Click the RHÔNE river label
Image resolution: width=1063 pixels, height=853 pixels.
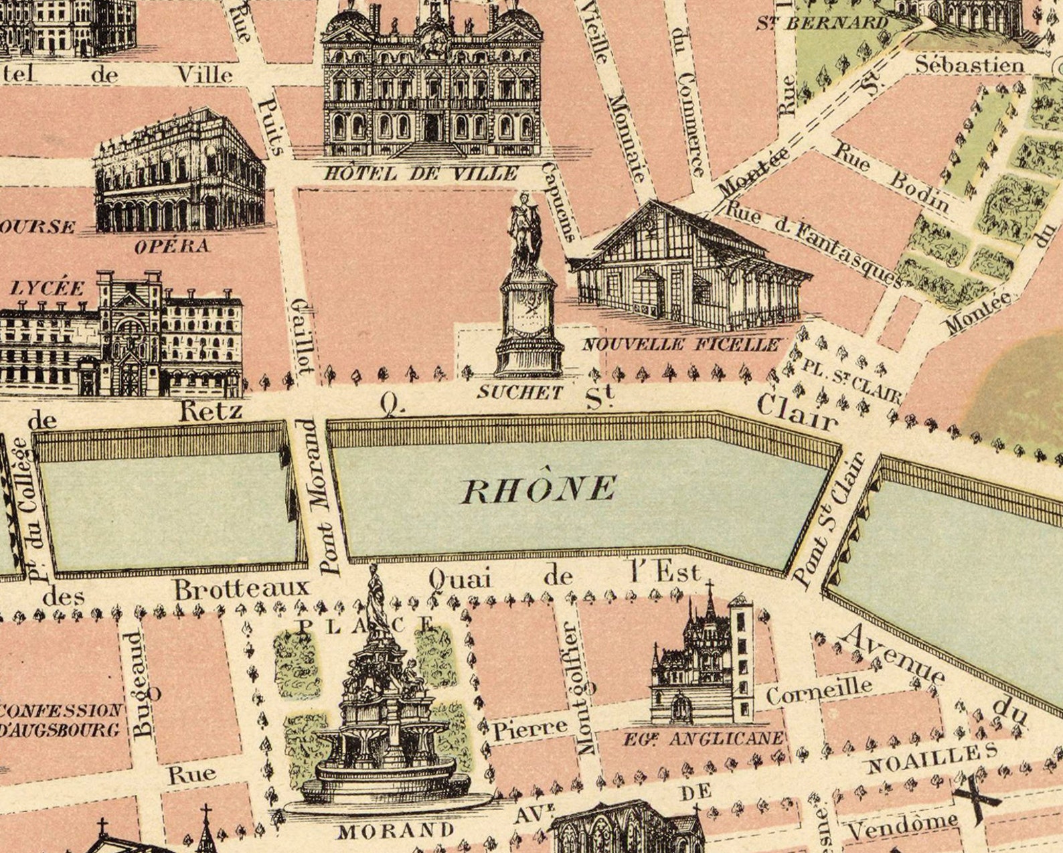[x=538, y=489]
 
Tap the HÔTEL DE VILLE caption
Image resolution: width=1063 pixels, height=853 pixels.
[x=422, y=173]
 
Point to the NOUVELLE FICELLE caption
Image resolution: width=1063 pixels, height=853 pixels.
[x=681, y=345]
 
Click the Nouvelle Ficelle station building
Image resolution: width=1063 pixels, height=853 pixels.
[x=689, y=268]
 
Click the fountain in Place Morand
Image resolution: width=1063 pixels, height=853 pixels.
[x=386, y=716]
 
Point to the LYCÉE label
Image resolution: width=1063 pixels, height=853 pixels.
[x=48, y=289]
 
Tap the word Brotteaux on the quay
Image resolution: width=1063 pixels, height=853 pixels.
[x=242, y=589]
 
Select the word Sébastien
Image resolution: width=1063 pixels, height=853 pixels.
[x=969, y=65]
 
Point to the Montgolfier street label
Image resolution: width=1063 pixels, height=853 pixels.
[x=570, y=688]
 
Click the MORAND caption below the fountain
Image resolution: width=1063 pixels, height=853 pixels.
[x=396, y=831]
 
